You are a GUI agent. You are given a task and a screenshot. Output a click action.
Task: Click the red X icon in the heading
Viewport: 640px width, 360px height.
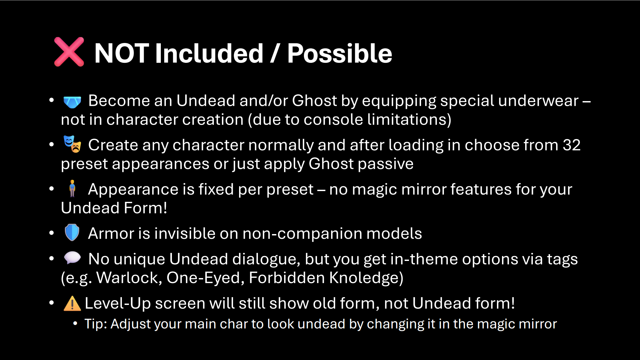[69, 52]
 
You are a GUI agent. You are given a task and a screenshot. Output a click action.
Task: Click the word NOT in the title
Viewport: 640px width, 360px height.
[122, 53]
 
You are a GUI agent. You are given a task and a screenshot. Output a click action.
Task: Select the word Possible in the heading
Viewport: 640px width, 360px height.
[339, 53]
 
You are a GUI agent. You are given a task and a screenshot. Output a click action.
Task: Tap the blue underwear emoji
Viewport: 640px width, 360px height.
[72, 102]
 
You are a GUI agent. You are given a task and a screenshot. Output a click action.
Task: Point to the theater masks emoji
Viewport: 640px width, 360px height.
[73, 144]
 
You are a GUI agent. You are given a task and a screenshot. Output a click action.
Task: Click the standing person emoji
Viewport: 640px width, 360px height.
[72, 188]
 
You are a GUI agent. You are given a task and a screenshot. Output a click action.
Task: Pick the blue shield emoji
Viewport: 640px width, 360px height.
[72, 232]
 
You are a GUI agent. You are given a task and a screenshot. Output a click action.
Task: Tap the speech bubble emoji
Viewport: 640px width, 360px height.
[72, 258]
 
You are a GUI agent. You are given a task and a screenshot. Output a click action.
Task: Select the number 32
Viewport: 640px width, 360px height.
[572, 145]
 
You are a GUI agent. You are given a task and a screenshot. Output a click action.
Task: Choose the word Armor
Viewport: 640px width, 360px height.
[111, 233]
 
